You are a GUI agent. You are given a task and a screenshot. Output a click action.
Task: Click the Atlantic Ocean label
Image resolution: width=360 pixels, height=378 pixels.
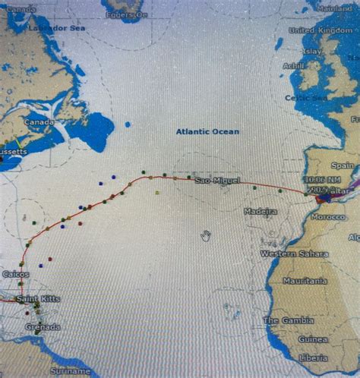(207, 131)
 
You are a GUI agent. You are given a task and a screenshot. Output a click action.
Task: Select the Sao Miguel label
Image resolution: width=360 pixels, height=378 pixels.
(217, 180)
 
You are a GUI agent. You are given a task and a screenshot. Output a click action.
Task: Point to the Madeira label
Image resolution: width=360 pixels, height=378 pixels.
(261, 212)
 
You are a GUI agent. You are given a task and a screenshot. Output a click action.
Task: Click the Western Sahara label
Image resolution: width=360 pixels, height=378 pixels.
(289, 254)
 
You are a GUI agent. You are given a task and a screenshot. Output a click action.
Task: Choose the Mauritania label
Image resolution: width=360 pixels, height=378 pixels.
(305, 281)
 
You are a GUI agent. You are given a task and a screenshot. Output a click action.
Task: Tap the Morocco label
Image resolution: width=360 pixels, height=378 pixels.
(328, 216)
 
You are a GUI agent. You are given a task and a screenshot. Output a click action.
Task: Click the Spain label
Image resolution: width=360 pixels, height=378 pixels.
(342, 165)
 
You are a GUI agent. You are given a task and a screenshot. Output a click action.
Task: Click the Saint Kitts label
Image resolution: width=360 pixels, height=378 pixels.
(37, 299)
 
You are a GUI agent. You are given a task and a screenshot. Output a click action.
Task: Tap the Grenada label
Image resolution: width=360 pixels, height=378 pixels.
(43, 327)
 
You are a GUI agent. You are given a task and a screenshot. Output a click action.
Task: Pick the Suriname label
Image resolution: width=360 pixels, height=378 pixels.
(70, 371)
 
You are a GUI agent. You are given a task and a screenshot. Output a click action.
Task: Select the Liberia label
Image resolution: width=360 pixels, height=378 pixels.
(313, 358)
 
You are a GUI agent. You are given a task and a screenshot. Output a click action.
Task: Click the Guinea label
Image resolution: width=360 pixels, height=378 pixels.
(313, 339)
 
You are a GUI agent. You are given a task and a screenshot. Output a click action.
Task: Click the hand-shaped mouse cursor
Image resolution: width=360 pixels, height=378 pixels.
(205, 236)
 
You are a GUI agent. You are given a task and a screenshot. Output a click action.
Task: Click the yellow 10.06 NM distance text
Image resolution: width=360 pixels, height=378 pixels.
(317, 180)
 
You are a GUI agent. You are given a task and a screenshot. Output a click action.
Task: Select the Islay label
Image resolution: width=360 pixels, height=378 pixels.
(311, 51)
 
